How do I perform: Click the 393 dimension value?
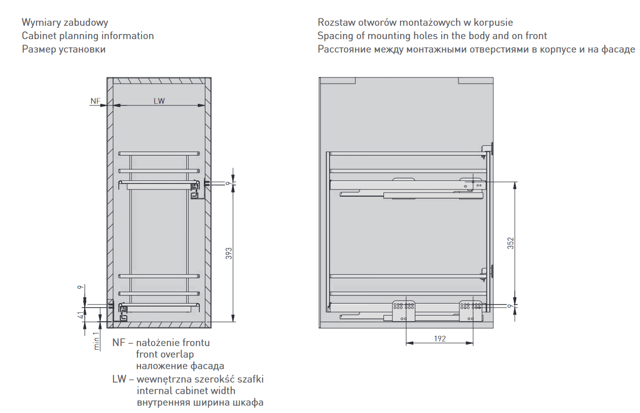click(x=229, y=253)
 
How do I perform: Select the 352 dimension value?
click(x=511, y=243)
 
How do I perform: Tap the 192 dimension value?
click(x=440, y=339)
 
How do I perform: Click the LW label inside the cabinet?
click(x=159, y=101)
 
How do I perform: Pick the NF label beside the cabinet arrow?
click(x=95, y=101)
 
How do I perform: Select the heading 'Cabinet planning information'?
click(x=88, y=36)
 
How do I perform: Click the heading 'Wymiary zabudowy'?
click(x=65, y=23)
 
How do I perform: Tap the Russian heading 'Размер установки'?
click(x=64, y=49)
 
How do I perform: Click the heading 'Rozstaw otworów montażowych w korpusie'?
click(x=415, y=23)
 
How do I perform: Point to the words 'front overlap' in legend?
click(x=165, y=354)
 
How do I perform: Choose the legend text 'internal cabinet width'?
click(x=186, y=391)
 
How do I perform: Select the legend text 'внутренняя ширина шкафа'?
click(x=200, y=403)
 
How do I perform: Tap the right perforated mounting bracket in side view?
click(x=471, y=310)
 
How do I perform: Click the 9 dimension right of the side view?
click(x=511, y=306)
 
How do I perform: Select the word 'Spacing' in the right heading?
click(x=334, y=36)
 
